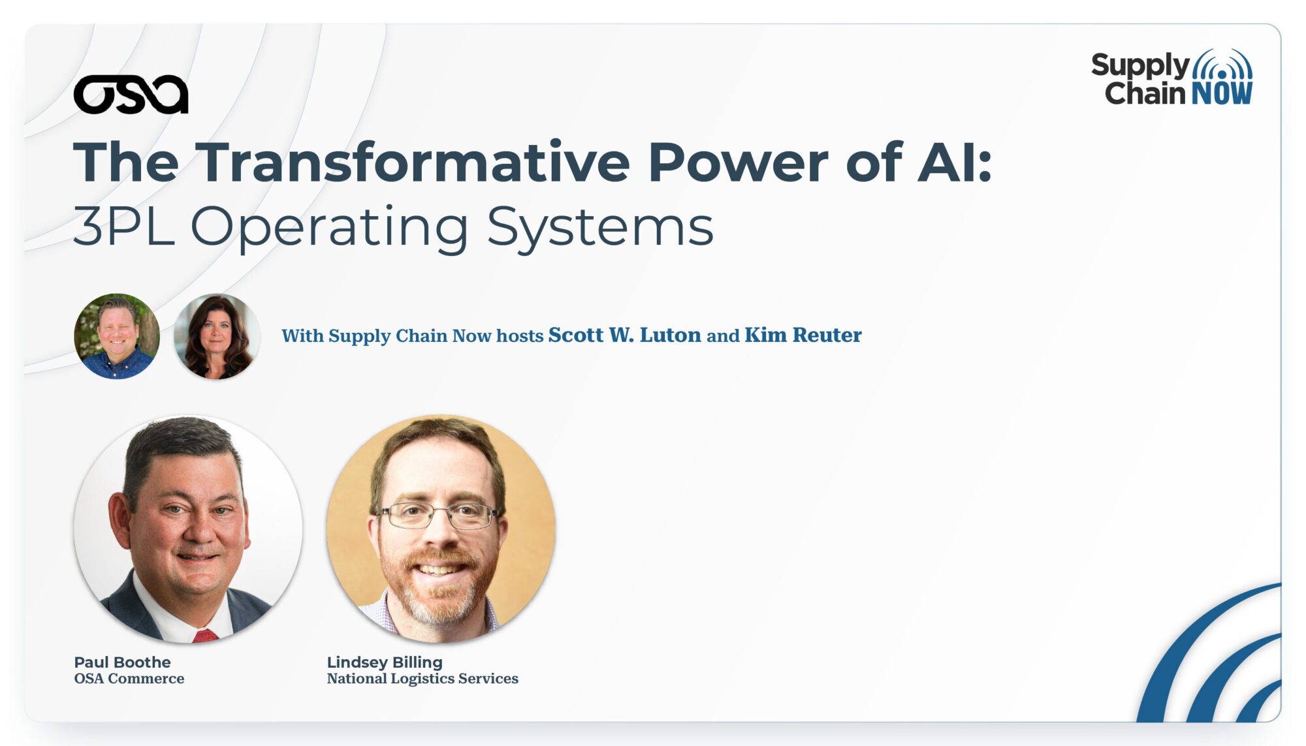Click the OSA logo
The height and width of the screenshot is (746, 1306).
pos(131,95)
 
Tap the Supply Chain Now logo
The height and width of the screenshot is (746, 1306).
pos(1172,78)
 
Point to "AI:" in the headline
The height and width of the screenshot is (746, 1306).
pos(955,163)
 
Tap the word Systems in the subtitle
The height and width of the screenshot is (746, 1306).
pos(600,228)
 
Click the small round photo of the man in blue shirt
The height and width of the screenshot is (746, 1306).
pos(117,336)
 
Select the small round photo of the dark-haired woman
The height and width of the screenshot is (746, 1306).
pos(217,336)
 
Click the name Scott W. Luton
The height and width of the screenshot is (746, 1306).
pos(624,335)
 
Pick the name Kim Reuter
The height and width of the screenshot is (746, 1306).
pos(803,335)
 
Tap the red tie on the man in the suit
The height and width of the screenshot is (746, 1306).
pos(205,636)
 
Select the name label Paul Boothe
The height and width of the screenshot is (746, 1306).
pos(122,662)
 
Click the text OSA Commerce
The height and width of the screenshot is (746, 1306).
pos(129,679)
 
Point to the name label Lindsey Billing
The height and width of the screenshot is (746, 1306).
pos(385,662)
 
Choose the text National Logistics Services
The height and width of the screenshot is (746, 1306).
pos(422,679)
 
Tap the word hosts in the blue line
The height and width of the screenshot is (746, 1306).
pos(520,335)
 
